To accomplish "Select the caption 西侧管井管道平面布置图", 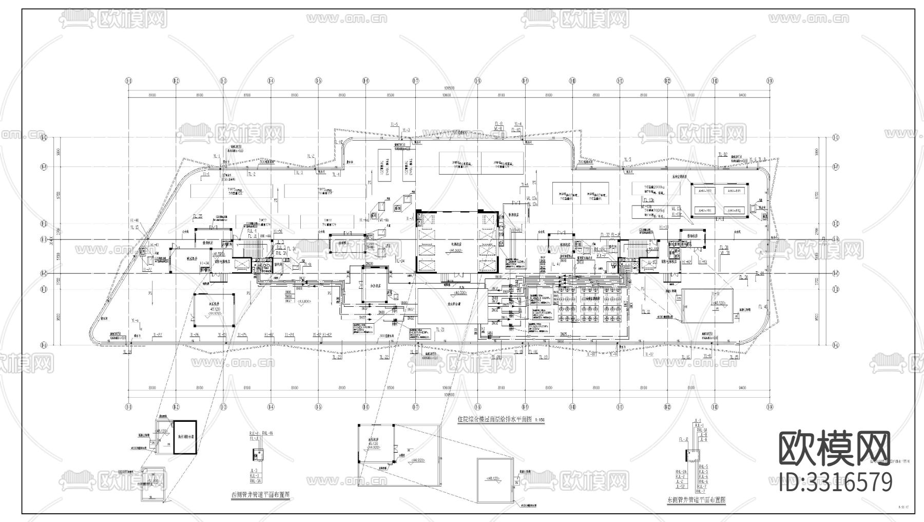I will tap(260, 495).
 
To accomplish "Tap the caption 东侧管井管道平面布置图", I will tap(696, 499).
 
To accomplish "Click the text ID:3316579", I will tap(836, 482).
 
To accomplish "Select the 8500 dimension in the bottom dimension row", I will tap(390, 388).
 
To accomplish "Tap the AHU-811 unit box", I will tap(734, 191).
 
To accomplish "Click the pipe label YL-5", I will tap(627, 159).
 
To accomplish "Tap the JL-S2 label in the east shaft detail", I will tap(680, 486).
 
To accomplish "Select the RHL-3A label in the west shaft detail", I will tap(255, 481).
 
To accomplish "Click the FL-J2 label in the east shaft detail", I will tap(683, 440).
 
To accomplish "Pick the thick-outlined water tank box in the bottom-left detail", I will tap(185, 437).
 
